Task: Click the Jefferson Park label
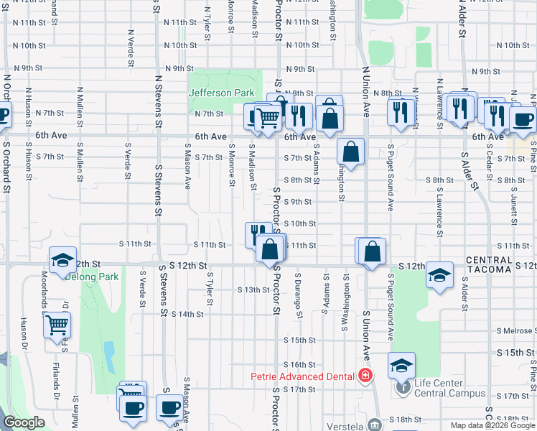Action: pos(222,93)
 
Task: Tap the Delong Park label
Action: pos(98,277)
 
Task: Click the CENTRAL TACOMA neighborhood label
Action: pos(488,264)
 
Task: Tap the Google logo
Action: pos(24,422)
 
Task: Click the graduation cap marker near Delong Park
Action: pos(62,261)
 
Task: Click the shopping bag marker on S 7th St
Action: pos(350,152)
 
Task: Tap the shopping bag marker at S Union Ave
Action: pos(373,251)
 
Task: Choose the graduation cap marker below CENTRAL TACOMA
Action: pos(440,275)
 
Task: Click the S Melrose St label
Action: pos(517,331)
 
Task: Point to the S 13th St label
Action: pos(253,290)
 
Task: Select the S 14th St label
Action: pos(189,314)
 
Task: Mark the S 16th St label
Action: pos(299,365)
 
